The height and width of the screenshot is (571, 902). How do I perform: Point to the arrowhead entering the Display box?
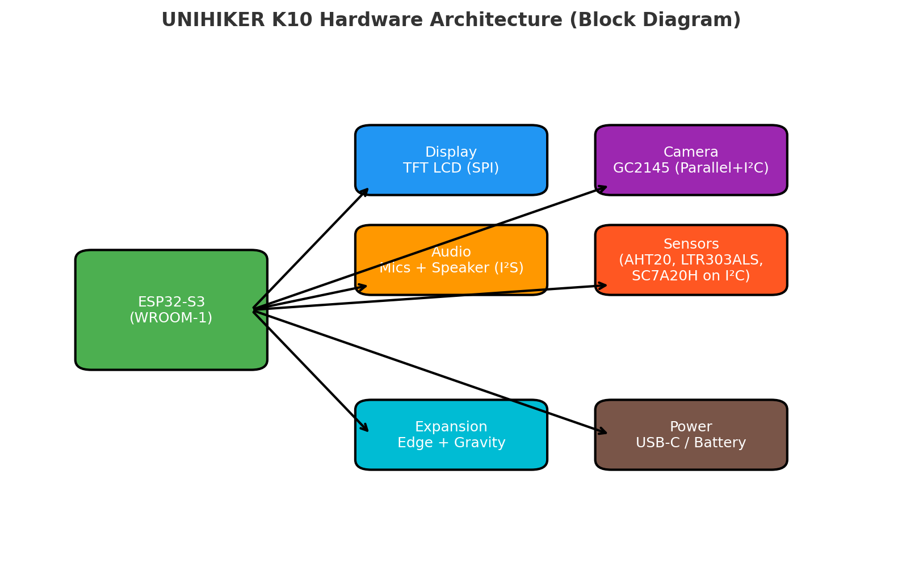[366, 191]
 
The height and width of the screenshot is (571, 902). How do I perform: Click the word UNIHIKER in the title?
[205, 20]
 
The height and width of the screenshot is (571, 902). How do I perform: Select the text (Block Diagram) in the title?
[655, 20]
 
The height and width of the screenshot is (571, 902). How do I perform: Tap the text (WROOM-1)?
[171, 318]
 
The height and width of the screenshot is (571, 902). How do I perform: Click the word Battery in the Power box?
[722, 443]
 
